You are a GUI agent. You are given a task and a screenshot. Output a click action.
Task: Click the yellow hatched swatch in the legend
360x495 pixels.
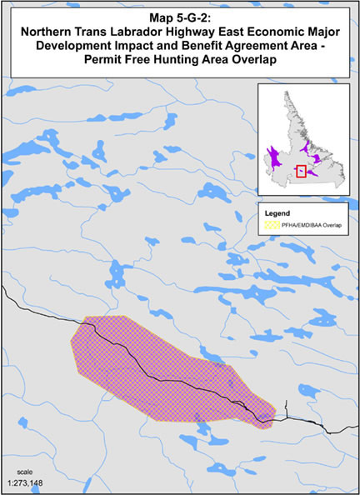(270, 223)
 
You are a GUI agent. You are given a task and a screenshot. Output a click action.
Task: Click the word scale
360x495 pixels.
(12, 459)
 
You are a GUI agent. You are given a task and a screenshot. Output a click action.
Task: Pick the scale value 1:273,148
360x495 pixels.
(24, 475)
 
